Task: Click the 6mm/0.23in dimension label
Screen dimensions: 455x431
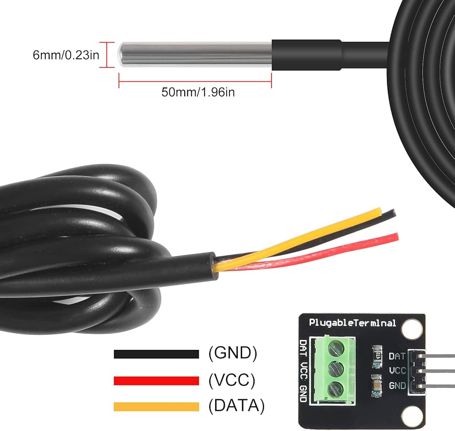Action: [x=66, y=55]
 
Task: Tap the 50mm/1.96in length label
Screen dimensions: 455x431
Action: [x=198, y=92]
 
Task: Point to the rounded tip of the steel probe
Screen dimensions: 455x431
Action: [x=119, y=55]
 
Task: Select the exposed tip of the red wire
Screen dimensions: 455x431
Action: [x=396, y=236]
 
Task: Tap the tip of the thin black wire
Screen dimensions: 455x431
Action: [x=393, y=212]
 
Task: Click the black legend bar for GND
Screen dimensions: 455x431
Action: [x=157, y=354]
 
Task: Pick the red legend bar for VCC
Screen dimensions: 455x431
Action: [x=157, y=381]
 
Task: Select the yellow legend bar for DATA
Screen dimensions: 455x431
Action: [x=157, y=406]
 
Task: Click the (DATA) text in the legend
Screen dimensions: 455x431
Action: [x=237, y=406]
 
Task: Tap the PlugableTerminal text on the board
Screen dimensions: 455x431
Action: [x=352, y=323]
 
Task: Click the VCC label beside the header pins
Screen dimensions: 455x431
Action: [x=398, y=370]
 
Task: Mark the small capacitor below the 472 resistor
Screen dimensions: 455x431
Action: [x=377, y=385]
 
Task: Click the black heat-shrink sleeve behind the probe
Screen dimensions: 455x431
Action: [x=306, y=55]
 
